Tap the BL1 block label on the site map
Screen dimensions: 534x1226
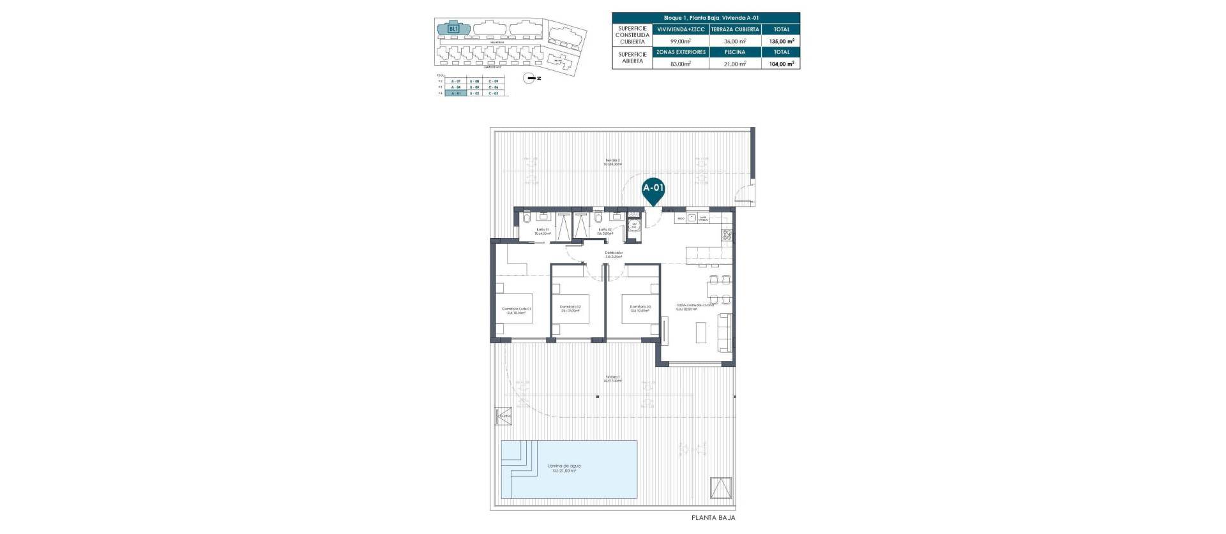[x=453, y=29]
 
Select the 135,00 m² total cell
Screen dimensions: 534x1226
[x=781, y=41]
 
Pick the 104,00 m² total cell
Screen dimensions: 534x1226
[x=781, y=64]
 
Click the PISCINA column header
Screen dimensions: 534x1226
[x=735, y=52]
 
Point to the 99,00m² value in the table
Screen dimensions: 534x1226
[x=681, y=41]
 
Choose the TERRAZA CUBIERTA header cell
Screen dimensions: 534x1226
[x=735, y=29]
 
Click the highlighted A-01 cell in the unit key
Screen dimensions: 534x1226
[x=455, y=93]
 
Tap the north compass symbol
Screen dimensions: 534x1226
[x=529, y=78]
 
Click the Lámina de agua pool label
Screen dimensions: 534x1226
[x=564, y=468]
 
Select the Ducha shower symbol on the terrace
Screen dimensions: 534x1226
[x=504, y=415]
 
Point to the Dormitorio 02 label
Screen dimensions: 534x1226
[x=570, y=309]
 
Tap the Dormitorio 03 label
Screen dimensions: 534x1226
[x=640, y=309]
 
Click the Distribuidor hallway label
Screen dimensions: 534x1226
[x=614, y=255]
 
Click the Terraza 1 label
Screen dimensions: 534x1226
[x=613, y=380]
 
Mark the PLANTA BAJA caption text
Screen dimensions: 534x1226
[x=713, y=517]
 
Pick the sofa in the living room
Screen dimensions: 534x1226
[x=725, y=332]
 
